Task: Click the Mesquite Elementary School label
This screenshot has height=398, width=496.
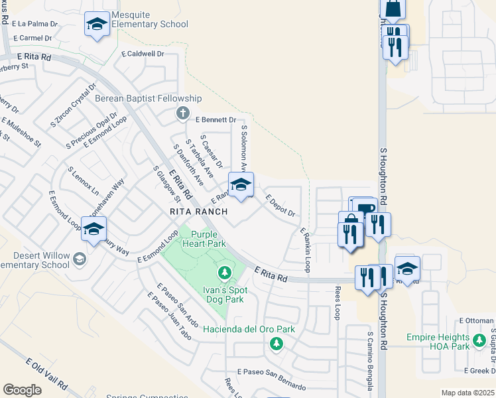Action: pos(151,19)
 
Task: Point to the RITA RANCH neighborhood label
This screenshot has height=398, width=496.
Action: pos(198,212)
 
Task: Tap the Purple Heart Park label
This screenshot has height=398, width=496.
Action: pos(208,239)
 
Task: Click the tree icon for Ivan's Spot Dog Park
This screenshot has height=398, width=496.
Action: pos(225,273)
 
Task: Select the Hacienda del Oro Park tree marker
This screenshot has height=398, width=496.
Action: pos(276,344)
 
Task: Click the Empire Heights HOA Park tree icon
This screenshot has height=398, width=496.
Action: pos(479,341)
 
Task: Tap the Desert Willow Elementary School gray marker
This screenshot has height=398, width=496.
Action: pos(80,259)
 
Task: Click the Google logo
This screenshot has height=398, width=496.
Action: pos(23,389)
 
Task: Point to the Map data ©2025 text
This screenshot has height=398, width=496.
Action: pos(467,393)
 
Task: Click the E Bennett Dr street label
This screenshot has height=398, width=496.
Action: pos(216,119)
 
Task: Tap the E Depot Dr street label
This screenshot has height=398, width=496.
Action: pos(280,205)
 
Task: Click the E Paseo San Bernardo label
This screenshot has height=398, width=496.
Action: pos(271,383)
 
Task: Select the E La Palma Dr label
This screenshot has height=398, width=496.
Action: pos(35,24)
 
